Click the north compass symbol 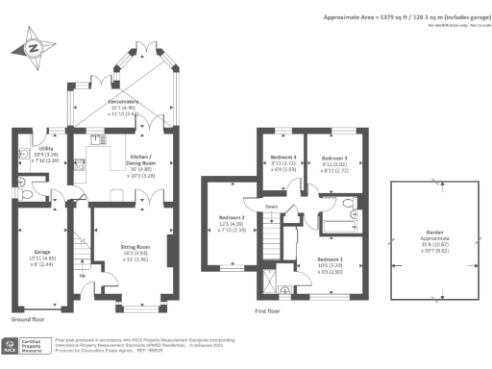[x=35, y=47]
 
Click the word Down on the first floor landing [x=271, y=205]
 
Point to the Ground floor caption [x=28, y=318]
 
